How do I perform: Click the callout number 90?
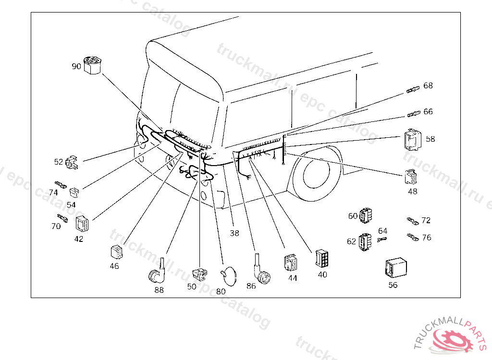(76, 67)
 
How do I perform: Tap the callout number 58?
(430, 139)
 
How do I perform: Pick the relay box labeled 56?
(395, 268)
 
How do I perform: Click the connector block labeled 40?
(322, 258)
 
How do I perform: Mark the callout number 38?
(234, 233)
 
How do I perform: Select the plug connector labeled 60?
(368, 216)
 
